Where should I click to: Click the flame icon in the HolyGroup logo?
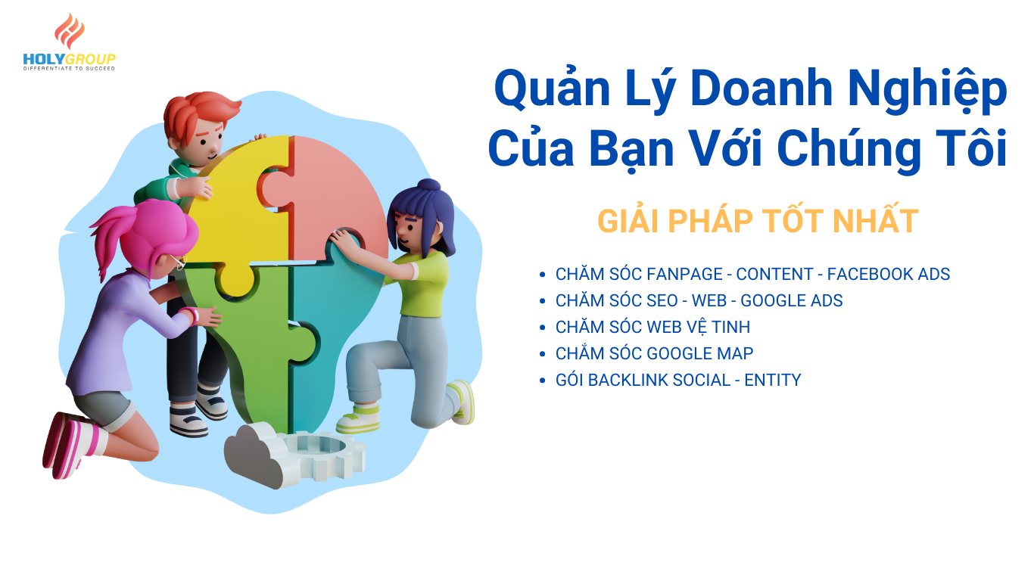(x=70, y=31)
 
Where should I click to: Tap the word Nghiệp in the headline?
(x=927, y=90)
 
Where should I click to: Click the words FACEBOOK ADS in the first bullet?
(x=888, y=274)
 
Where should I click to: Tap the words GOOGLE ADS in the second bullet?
(x=792, y=300)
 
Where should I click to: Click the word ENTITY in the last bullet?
(x=773, y=380)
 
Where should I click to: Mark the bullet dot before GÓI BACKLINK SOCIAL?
(x=543, y=381)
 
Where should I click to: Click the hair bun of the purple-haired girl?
(x=429, y=185)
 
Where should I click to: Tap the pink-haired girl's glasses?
(x=178, y=262)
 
